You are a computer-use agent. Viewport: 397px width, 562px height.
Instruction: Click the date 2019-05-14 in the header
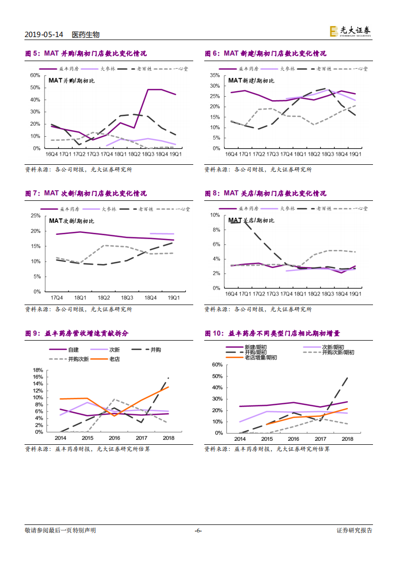point(44,35)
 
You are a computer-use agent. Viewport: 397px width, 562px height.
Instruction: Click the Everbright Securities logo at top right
point(350,32)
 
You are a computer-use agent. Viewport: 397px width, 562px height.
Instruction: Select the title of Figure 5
point(86,54)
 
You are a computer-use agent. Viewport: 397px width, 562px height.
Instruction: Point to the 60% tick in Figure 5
point(35,75)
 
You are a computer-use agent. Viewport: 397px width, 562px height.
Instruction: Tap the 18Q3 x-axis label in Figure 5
point(148,154)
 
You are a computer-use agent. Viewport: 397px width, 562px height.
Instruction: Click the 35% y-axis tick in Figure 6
point(214,75)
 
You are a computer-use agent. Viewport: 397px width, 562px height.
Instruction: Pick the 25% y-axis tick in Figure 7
point(35,216)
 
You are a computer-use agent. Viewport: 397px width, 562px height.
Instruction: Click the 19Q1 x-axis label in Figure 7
point(173,298)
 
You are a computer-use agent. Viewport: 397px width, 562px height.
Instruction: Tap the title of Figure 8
point(265,193)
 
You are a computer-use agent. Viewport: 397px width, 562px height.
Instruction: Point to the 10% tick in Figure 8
point(215,215)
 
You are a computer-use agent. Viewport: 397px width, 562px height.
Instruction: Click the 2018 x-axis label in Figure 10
point(347,439)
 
